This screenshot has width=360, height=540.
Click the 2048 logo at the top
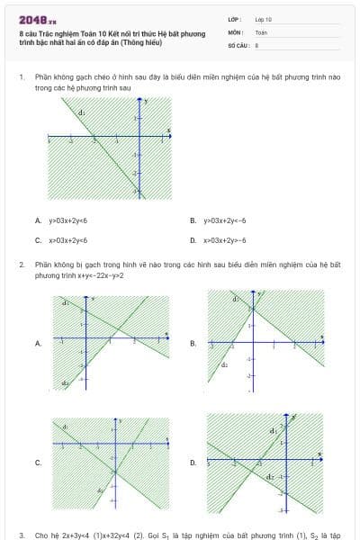(x=35, y=19)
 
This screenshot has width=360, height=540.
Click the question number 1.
(x=21, y=78)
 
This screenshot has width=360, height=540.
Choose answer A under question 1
(x=38, y=220)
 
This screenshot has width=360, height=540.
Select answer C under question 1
(x=38, y=240)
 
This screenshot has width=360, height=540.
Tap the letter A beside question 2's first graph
(x=38, y=343)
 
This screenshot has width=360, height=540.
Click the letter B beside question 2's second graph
(x=193, y=343)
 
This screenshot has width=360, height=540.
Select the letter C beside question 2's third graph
(x=38, y=463)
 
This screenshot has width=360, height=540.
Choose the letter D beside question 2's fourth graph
(x=193, y=463)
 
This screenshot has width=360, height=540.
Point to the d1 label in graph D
(x=272, y=431)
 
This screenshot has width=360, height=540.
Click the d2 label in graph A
(x=65, y=382)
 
